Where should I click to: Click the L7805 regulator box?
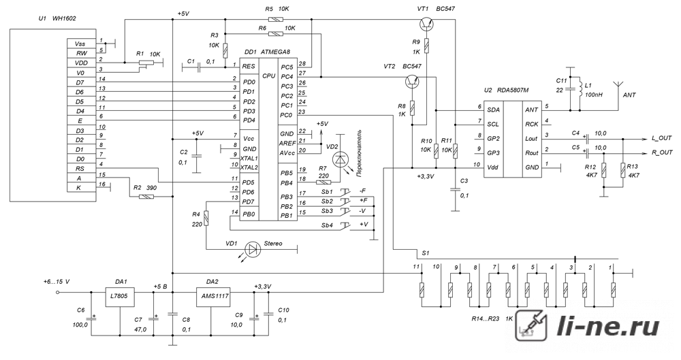121,297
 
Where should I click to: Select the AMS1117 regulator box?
212,297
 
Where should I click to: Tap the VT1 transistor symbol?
426,24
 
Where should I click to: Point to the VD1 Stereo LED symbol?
252,249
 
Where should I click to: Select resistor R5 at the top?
276,19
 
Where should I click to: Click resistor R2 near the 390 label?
146,197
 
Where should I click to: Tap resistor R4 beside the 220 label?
206,218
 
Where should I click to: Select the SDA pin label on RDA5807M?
493,110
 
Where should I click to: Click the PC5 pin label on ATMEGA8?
286,67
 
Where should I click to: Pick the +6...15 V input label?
57,282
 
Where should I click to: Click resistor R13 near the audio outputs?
623,171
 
